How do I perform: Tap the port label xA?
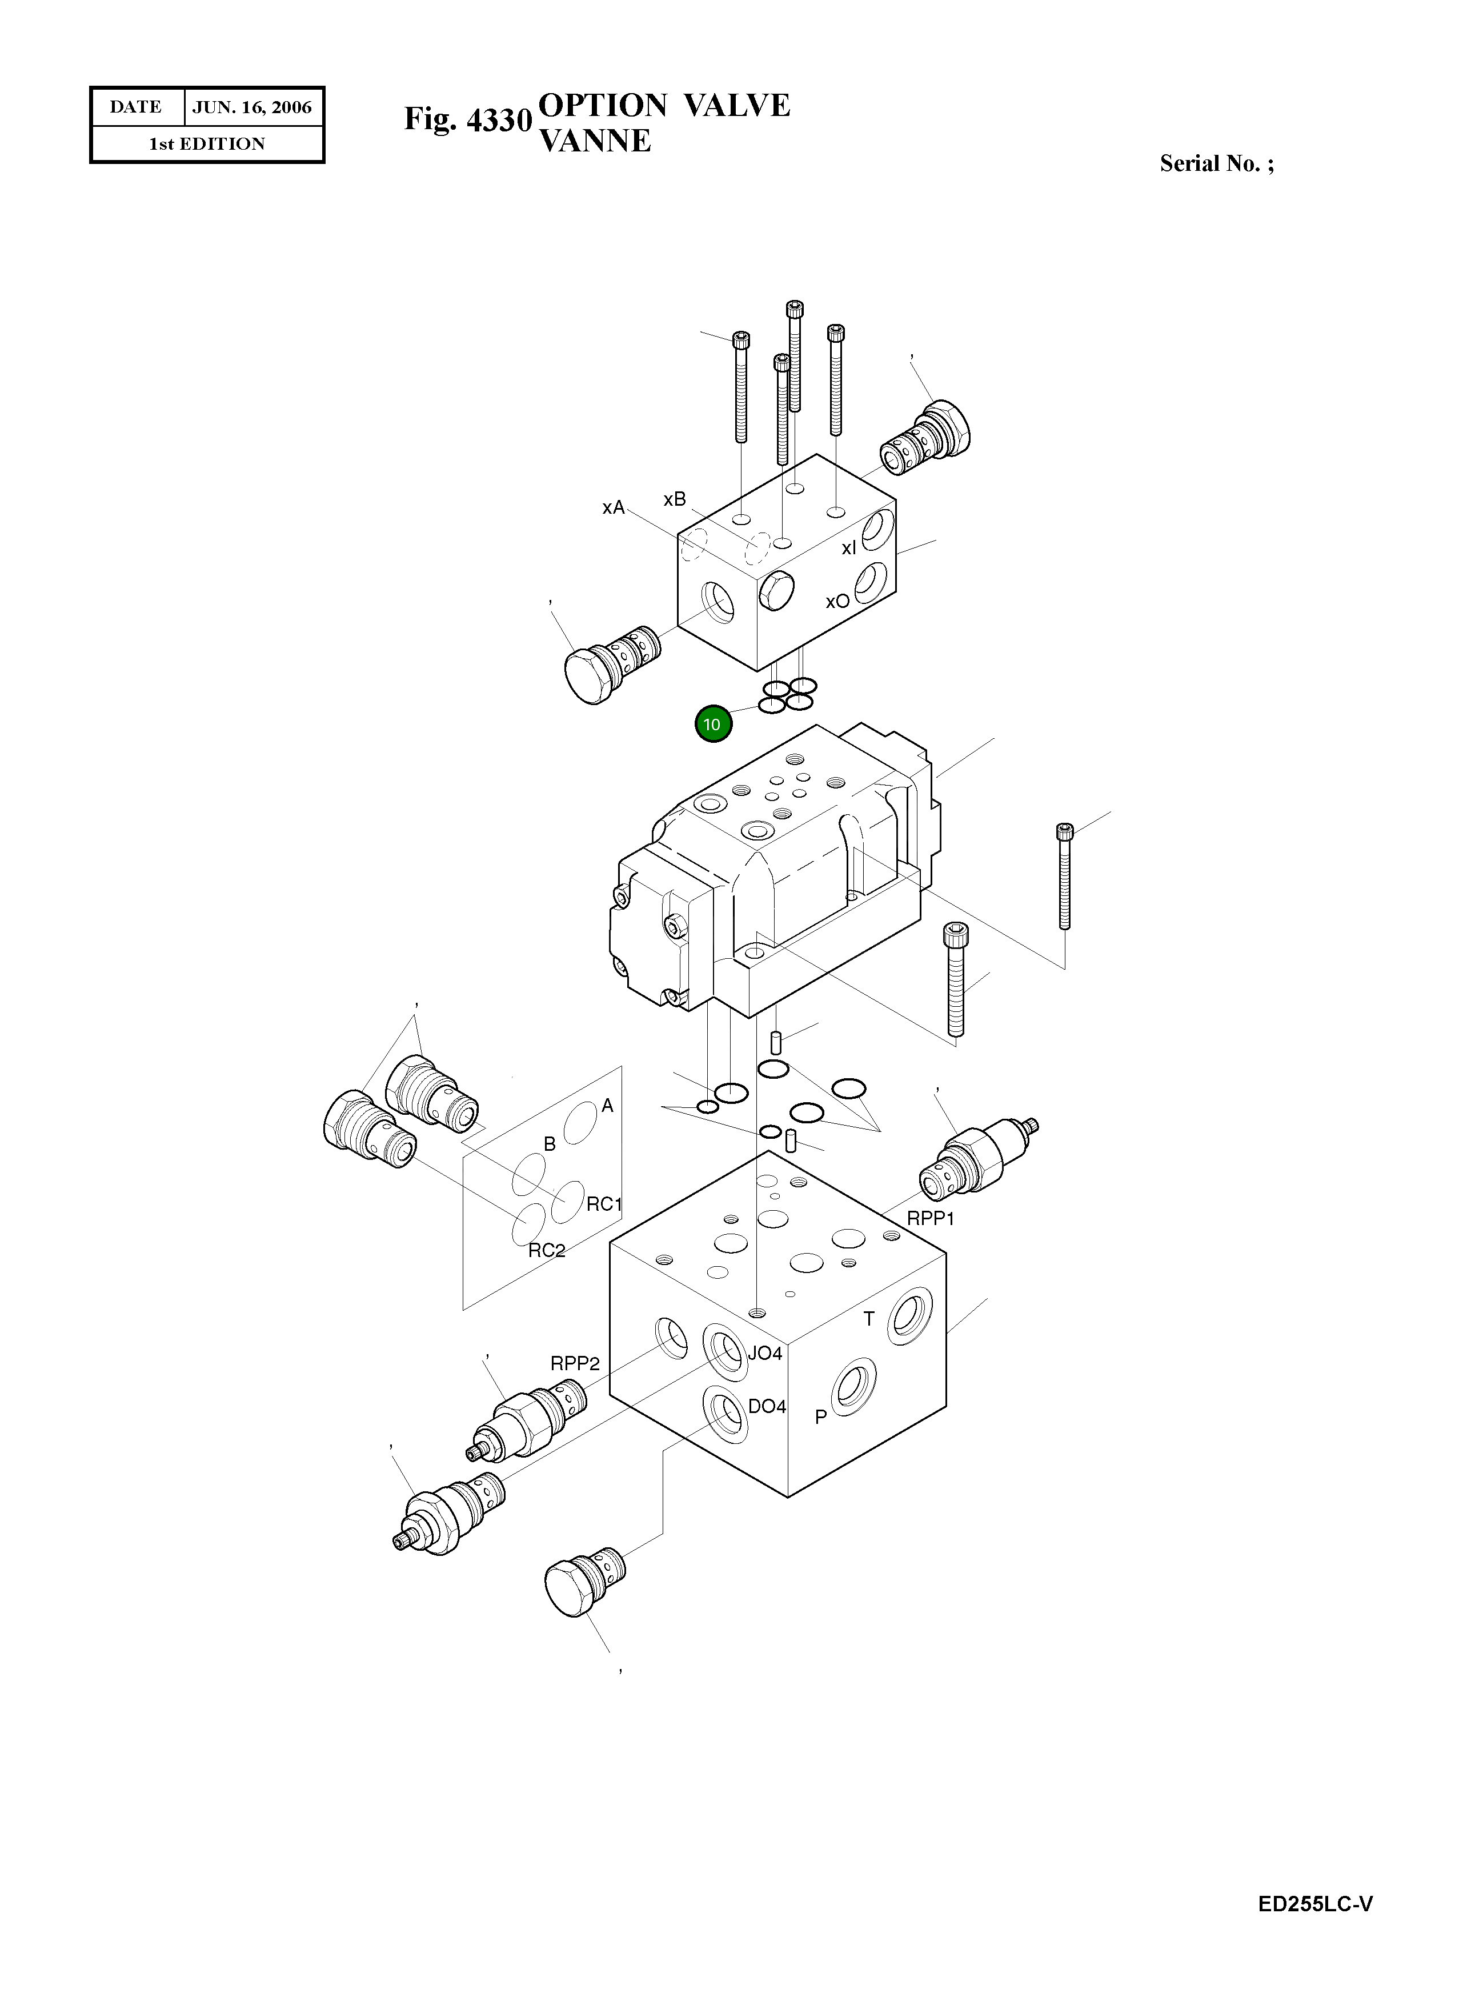613,508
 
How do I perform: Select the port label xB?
675,500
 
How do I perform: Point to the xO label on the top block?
837,602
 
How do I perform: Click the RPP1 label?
930,1219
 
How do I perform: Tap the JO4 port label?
765,1353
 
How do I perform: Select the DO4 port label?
767,1407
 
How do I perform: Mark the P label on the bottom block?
820,1416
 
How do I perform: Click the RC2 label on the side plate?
547,1251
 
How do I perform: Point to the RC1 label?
605,1204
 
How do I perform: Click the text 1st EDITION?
207,144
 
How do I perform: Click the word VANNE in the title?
594,141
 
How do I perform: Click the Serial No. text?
1216,163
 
